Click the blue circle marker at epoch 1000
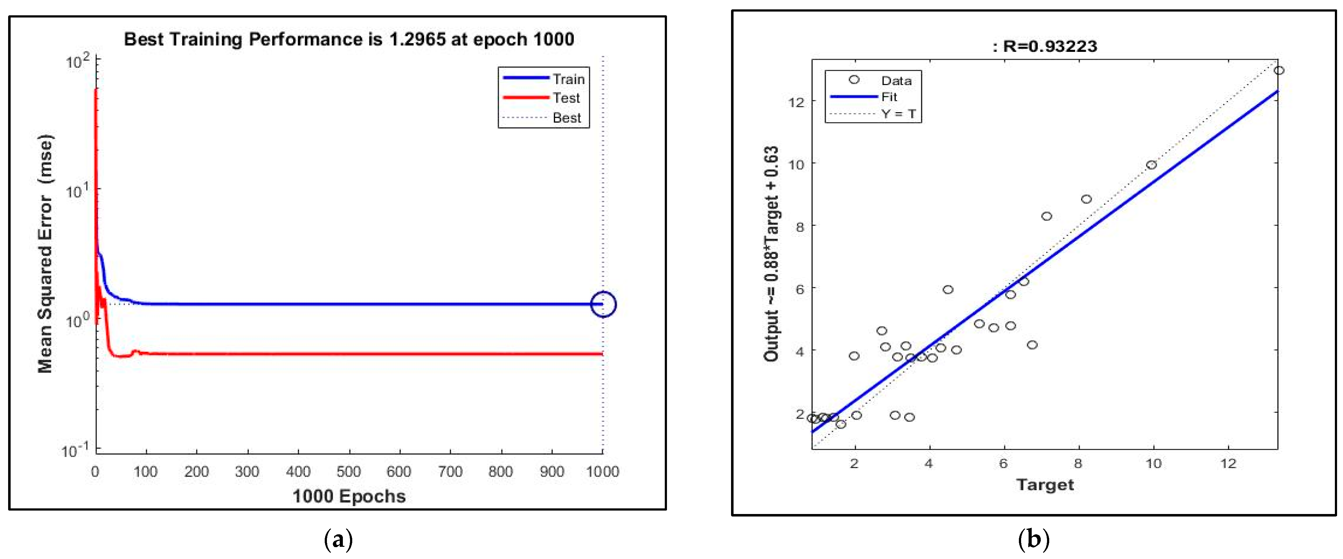tap(603, 304)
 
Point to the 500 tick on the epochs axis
tap(348, 472)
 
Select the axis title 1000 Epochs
tap(349, 496)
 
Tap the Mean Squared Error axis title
tap(45, 254)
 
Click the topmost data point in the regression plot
tap(1278, 70)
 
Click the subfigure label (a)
tap(338, 540)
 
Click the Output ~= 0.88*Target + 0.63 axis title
tap(771, 254)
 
